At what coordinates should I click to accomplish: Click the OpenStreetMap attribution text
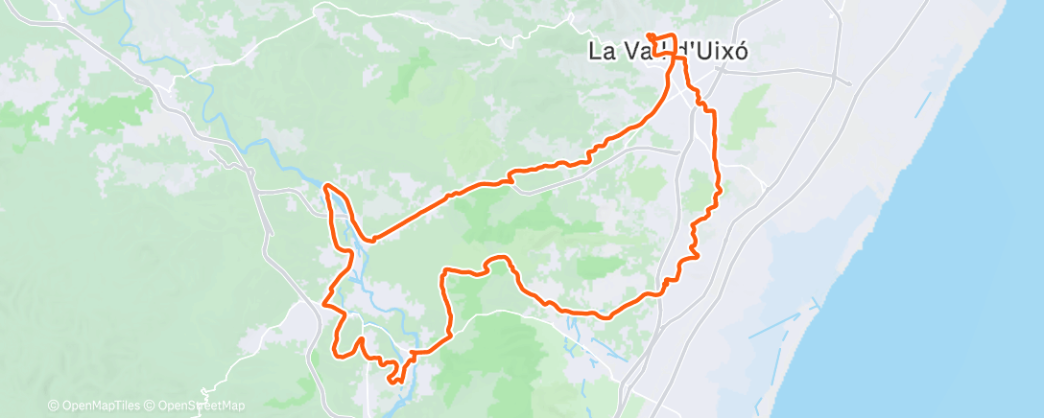pyautogui.click(x=201, y=406)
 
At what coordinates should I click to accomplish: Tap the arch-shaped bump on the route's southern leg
pyautogui.click(x=497, y=260)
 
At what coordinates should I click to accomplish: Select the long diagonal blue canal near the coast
pyautogui.click(x=774, y=325)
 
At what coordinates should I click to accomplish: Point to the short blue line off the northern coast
pyautogui.click(x=923, y=104)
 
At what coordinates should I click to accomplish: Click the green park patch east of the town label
pyautogui.click(x=748, y=115)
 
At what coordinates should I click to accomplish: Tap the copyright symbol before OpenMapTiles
pyautogui.click(x=54, y=406)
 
